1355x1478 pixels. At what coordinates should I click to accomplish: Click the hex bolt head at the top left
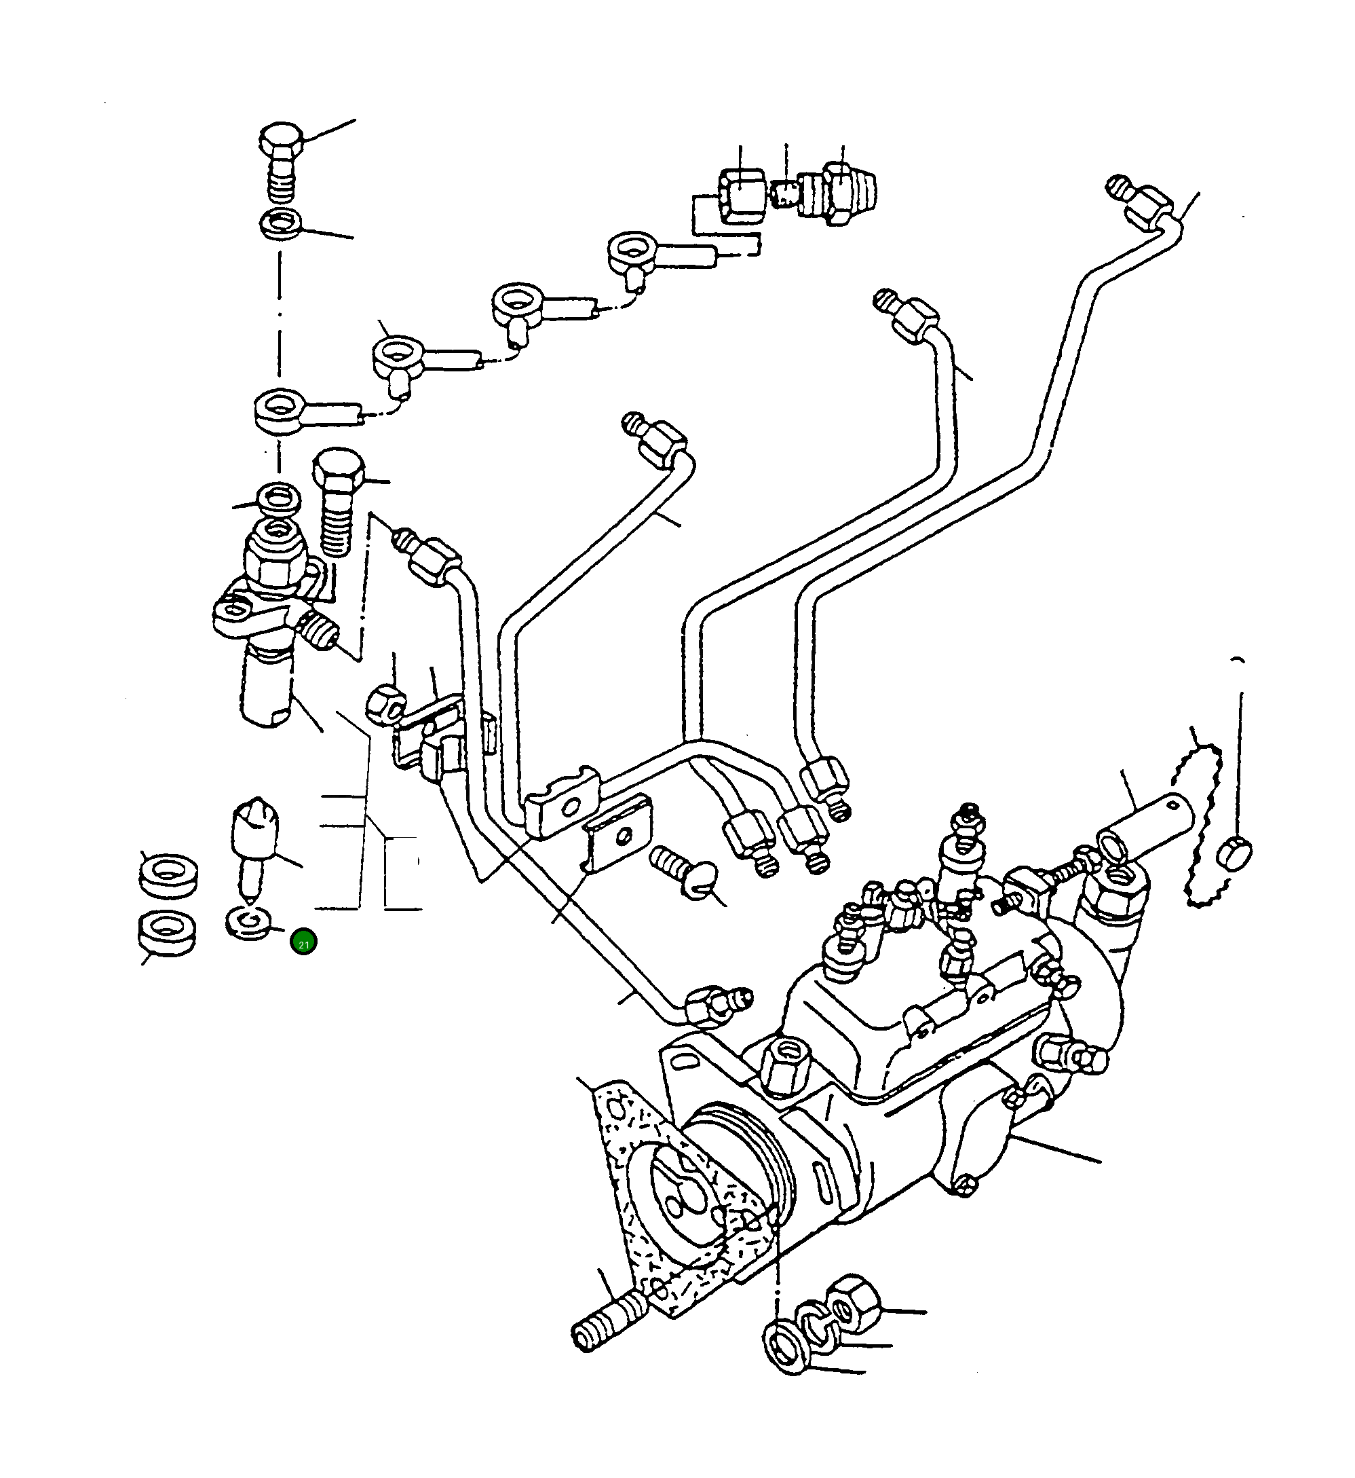pos(281,141)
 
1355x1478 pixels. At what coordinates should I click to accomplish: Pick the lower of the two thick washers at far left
pos(167,933)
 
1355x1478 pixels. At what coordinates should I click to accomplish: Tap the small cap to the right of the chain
pos(1234,854)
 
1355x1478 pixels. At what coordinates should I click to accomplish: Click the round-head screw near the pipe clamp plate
pos(685,873)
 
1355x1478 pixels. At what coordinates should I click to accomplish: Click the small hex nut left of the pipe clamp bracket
pos(384,705)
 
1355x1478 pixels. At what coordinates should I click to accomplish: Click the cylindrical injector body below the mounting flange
pos(265,687)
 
